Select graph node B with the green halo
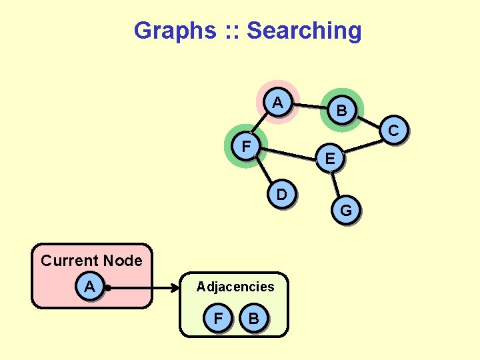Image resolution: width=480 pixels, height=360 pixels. (341, 111)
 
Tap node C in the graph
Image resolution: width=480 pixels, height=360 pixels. (393, 131)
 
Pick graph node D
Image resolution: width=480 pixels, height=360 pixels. (281, 195)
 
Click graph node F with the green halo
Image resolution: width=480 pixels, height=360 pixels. (247, 145)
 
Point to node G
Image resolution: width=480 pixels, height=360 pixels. (346, 211)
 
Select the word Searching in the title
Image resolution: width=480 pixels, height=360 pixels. (303, 31)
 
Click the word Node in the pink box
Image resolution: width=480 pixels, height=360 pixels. (123, 261)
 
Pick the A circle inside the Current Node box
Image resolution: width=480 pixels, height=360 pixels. (89, 287)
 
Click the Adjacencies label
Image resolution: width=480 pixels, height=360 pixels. (235, 287)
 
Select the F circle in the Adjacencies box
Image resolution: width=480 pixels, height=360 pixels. (218, 318)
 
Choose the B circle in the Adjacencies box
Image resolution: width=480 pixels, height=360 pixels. (253, 318)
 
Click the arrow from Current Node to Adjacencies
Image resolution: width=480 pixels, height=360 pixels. (143, 289)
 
